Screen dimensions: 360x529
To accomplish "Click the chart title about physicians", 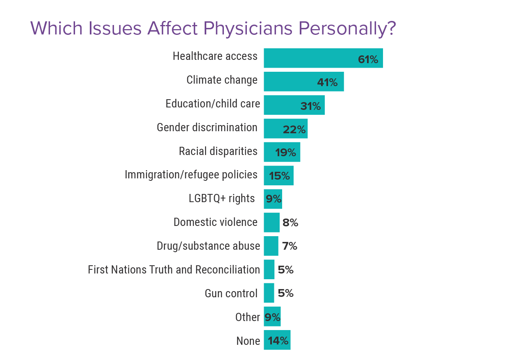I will pos(213,29).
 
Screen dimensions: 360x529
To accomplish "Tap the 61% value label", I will pos(368,60).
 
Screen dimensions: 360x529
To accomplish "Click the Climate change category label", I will pos(222,80).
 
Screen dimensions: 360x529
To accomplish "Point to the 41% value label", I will pos(327,83).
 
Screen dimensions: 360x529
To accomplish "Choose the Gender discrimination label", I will pos(207,128).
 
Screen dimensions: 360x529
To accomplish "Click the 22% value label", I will pos(294,130).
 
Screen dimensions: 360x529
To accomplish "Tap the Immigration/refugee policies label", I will pos(191,175).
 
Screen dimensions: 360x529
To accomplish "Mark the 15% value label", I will pos(279,177).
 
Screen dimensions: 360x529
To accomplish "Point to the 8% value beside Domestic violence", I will pos(290,223).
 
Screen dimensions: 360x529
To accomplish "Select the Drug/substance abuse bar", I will pos(271,246).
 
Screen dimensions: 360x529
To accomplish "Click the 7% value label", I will pos(290,246).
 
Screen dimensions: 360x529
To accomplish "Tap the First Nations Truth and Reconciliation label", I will pos(174,270).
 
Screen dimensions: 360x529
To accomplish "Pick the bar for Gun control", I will pos(269,293).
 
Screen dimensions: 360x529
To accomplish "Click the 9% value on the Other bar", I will pos(272,317).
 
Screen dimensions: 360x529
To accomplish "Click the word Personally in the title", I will pos(347,29).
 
